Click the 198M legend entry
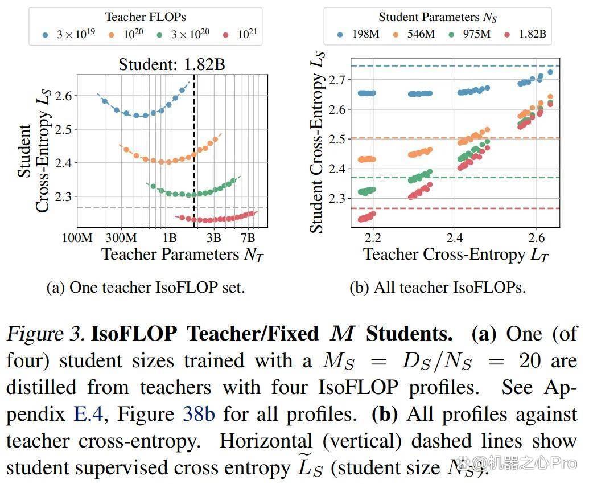pyautogui.click(x=359, y=34)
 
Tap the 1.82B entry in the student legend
pyautogui.click(x=525, y=34)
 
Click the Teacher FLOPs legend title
pyautogui.click(x=145, y=17)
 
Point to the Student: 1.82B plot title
pyautogui.click(x=172, y=65)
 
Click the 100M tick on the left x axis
pyautogui.click(x=77, y=237)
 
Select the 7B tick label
pyautogui.click(x=248, y=237)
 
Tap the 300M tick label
pyautogui.click(x=121, y=237)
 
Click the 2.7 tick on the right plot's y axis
pyautogui.click(x=337, y=80)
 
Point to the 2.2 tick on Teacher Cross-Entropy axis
pyautogui.click(x=373, y=237)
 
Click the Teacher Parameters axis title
pyautogui.click(x=183, y=255)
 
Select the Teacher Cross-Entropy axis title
pyautogui.click(x=456, y=255)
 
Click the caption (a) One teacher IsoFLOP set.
pyautogui.click(x=146, y=288)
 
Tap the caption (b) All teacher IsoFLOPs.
pyautogui.click(x=438, y=288)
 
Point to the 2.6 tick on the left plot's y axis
pyautogui.click(x=63, y=96)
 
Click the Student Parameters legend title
pyautogui.click(x=438, y=17)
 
